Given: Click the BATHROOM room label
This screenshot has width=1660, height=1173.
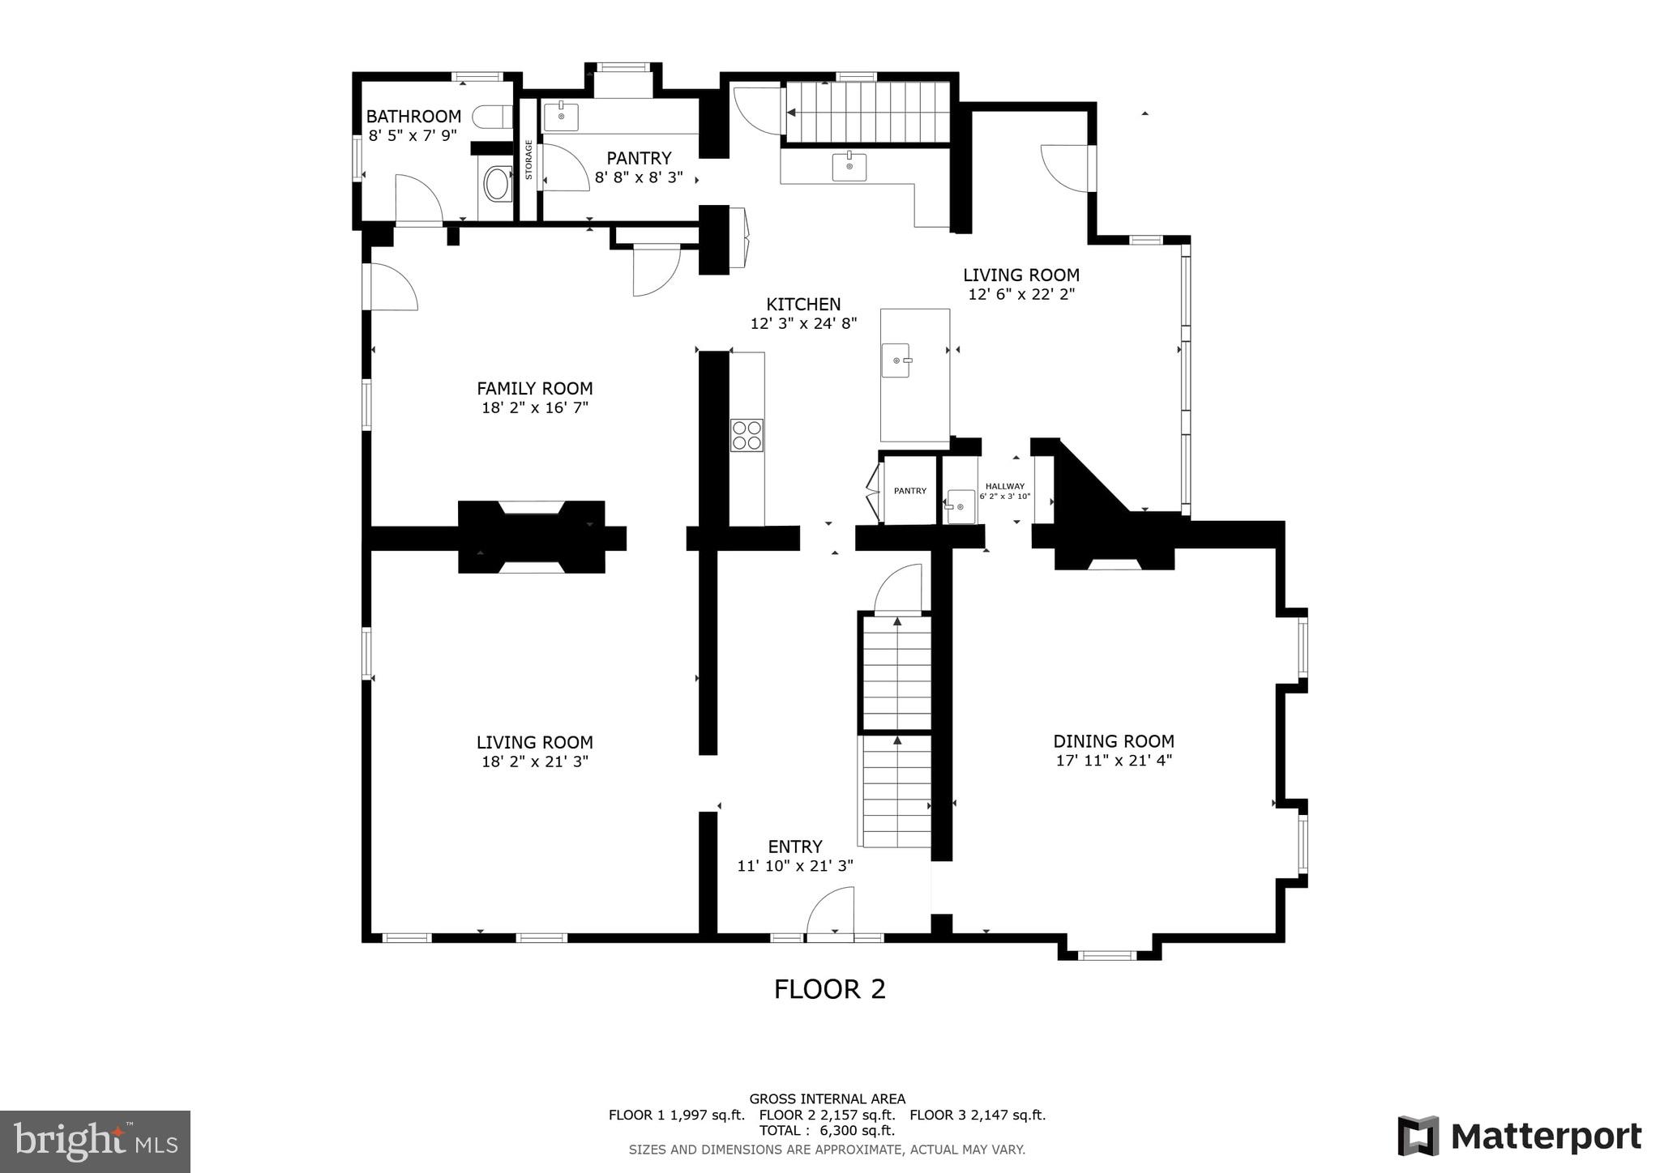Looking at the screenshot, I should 413,117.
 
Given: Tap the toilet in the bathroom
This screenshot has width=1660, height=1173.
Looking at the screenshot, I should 490,117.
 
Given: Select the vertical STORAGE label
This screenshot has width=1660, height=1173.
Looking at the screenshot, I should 528,160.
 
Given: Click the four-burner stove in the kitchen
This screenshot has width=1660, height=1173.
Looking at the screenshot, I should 747,435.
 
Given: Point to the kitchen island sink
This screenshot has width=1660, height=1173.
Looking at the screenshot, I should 896,360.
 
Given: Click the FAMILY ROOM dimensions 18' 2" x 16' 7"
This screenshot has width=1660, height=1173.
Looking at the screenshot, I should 535,407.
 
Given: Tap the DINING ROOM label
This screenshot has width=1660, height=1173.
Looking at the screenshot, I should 1113,741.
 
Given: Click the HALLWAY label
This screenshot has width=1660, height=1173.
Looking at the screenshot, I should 1004,487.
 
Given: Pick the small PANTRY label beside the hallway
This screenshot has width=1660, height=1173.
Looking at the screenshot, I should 909,491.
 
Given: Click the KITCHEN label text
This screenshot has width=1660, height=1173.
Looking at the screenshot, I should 803,305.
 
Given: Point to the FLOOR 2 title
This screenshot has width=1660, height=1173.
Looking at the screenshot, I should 829,989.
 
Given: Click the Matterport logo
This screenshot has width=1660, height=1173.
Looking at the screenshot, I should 1519,1137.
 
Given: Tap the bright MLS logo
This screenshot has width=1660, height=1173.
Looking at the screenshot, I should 96,1141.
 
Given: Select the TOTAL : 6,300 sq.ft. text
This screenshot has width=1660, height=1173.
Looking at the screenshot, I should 827,1130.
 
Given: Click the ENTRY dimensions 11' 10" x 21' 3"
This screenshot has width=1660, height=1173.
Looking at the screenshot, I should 794,866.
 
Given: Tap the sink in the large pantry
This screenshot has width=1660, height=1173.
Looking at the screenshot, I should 561,116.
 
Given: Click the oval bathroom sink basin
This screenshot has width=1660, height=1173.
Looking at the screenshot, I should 496,184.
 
